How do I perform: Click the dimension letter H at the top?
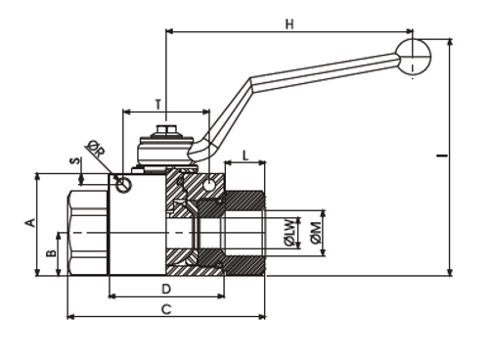tap(289, 23)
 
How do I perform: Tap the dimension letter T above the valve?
tap(158, 103)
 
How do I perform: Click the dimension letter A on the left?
tap(30, 223)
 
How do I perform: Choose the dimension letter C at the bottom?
tap(166, 309)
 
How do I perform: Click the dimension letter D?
tap(166, 289)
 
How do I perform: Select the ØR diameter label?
tap(96, 150)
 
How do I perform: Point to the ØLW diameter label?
tap(289, 233)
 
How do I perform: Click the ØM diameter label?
tap(314, 233)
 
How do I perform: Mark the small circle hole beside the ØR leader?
tap(121, 181)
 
